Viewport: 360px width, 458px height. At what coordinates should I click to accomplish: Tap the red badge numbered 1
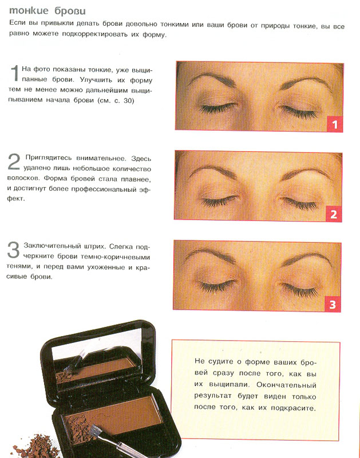coord(334,124)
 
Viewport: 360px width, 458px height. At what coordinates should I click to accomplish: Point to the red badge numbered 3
coord(334,303)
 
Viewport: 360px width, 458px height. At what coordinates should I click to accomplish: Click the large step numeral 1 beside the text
coord(14,74)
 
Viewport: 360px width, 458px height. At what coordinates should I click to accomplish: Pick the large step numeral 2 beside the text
coord(14,163)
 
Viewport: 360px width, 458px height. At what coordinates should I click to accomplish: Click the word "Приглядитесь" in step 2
coord(48,158)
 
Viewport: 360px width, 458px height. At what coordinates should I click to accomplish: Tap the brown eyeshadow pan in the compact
coord(123,409)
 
